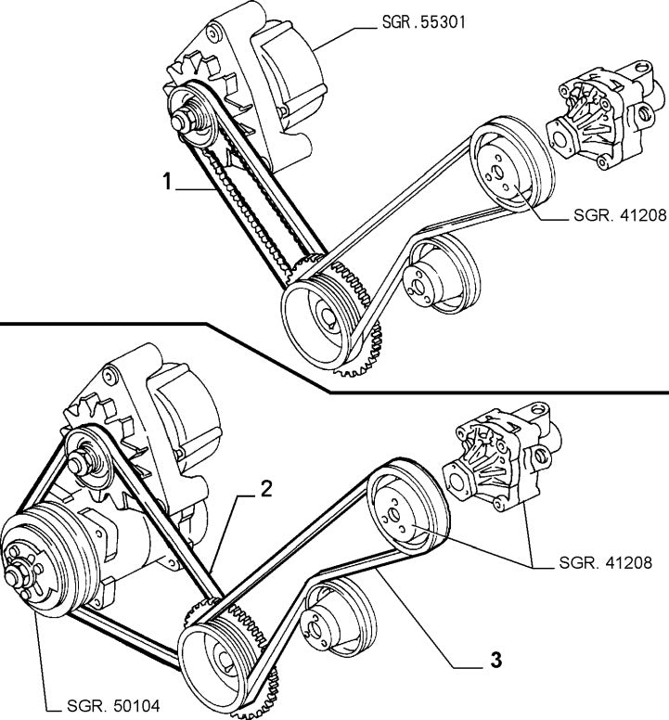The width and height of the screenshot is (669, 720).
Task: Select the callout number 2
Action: coord(265,490)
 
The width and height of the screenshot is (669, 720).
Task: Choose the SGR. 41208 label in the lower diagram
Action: coord(613,562)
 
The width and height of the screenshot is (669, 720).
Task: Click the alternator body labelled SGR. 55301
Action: coord(269,84)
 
